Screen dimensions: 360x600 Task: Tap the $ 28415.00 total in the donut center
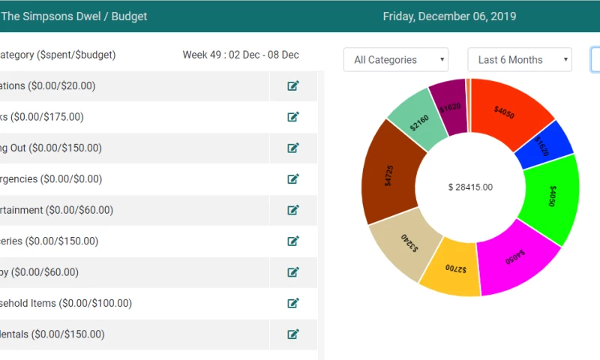[470, 187]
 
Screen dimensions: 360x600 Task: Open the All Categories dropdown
[395, 60]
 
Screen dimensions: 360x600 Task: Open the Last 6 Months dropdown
[519, 60]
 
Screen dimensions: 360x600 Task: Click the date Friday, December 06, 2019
[449, 16]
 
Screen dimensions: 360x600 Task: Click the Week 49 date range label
[241, 55]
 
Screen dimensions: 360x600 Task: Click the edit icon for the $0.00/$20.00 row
[293, 85]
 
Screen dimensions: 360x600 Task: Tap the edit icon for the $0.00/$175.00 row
[293, 117]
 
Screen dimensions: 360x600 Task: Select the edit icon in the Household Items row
[293, 303]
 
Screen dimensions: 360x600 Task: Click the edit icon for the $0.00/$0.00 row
[293, 178]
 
